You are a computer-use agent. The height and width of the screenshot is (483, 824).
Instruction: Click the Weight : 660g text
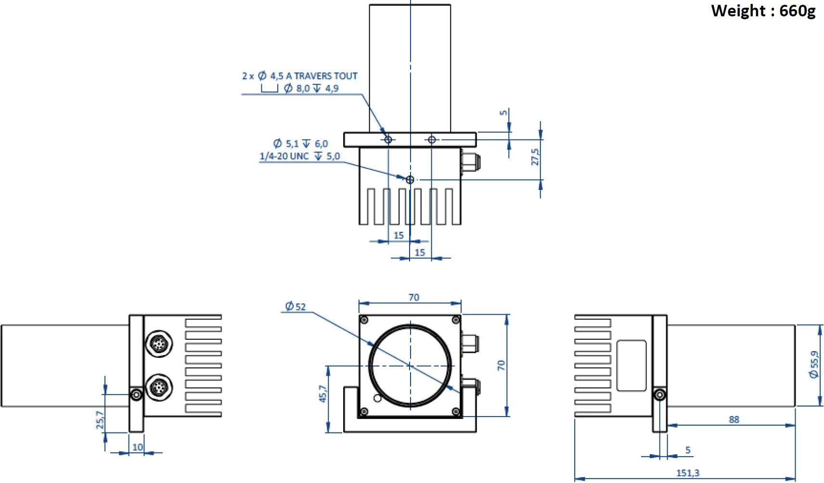tap(763, 11)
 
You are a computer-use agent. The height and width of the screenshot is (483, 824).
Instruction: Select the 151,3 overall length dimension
tap(687, 473)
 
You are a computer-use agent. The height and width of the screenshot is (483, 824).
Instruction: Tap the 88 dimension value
tap(734, 419)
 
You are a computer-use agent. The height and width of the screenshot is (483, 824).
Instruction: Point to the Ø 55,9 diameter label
tap(814, 365)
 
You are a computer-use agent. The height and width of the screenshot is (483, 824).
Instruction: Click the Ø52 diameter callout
tap(295, 306)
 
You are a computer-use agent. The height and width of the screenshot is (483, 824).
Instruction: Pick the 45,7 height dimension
tap(322, 394)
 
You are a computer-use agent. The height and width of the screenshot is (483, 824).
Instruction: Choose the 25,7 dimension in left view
tap(100, 419)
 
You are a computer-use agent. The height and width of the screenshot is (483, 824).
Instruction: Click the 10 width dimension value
tap(137, 447)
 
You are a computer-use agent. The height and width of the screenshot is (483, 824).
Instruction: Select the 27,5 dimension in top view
tap(535, 157)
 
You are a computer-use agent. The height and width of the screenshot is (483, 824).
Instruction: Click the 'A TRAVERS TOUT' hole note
tap(322, 76)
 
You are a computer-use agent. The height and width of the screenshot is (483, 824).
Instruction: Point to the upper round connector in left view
tap(159, 344)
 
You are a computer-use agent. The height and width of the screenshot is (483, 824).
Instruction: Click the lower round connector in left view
tap(159, 387)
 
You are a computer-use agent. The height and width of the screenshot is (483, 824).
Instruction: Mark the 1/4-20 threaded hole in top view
tap(410, 179)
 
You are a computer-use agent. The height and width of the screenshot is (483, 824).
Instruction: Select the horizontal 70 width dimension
tap(413, 297)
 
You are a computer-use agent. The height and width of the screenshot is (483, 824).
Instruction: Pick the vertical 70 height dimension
tap(501, 365)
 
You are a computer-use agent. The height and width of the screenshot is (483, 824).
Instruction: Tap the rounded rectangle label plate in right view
tap(631, 365)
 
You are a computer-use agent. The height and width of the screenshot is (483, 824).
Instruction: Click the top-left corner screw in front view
tap(364, 320)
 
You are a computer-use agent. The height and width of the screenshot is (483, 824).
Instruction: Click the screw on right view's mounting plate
tap(660, 395)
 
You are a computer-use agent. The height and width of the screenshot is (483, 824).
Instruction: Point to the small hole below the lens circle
tap(377, 398)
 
